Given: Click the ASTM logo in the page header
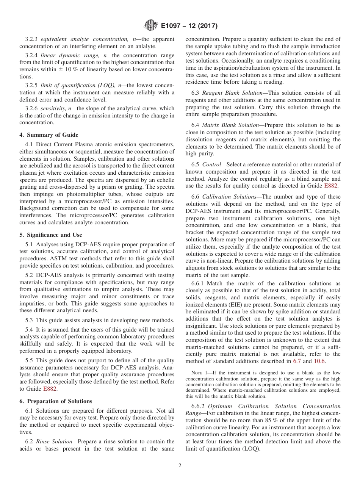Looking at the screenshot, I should click(x=150, y=26).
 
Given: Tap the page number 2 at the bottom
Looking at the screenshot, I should click(x=180, y=466).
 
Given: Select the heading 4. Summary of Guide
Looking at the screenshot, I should click(x=49, y=135).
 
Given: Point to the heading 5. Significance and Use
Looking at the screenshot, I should click(x=51, y=235).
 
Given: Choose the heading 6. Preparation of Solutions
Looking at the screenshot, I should click(x=56, y=401).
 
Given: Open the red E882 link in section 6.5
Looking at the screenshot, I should click(x=332, y=186).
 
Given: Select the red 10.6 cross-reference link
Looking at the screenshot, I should click(x=320, y=361).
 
